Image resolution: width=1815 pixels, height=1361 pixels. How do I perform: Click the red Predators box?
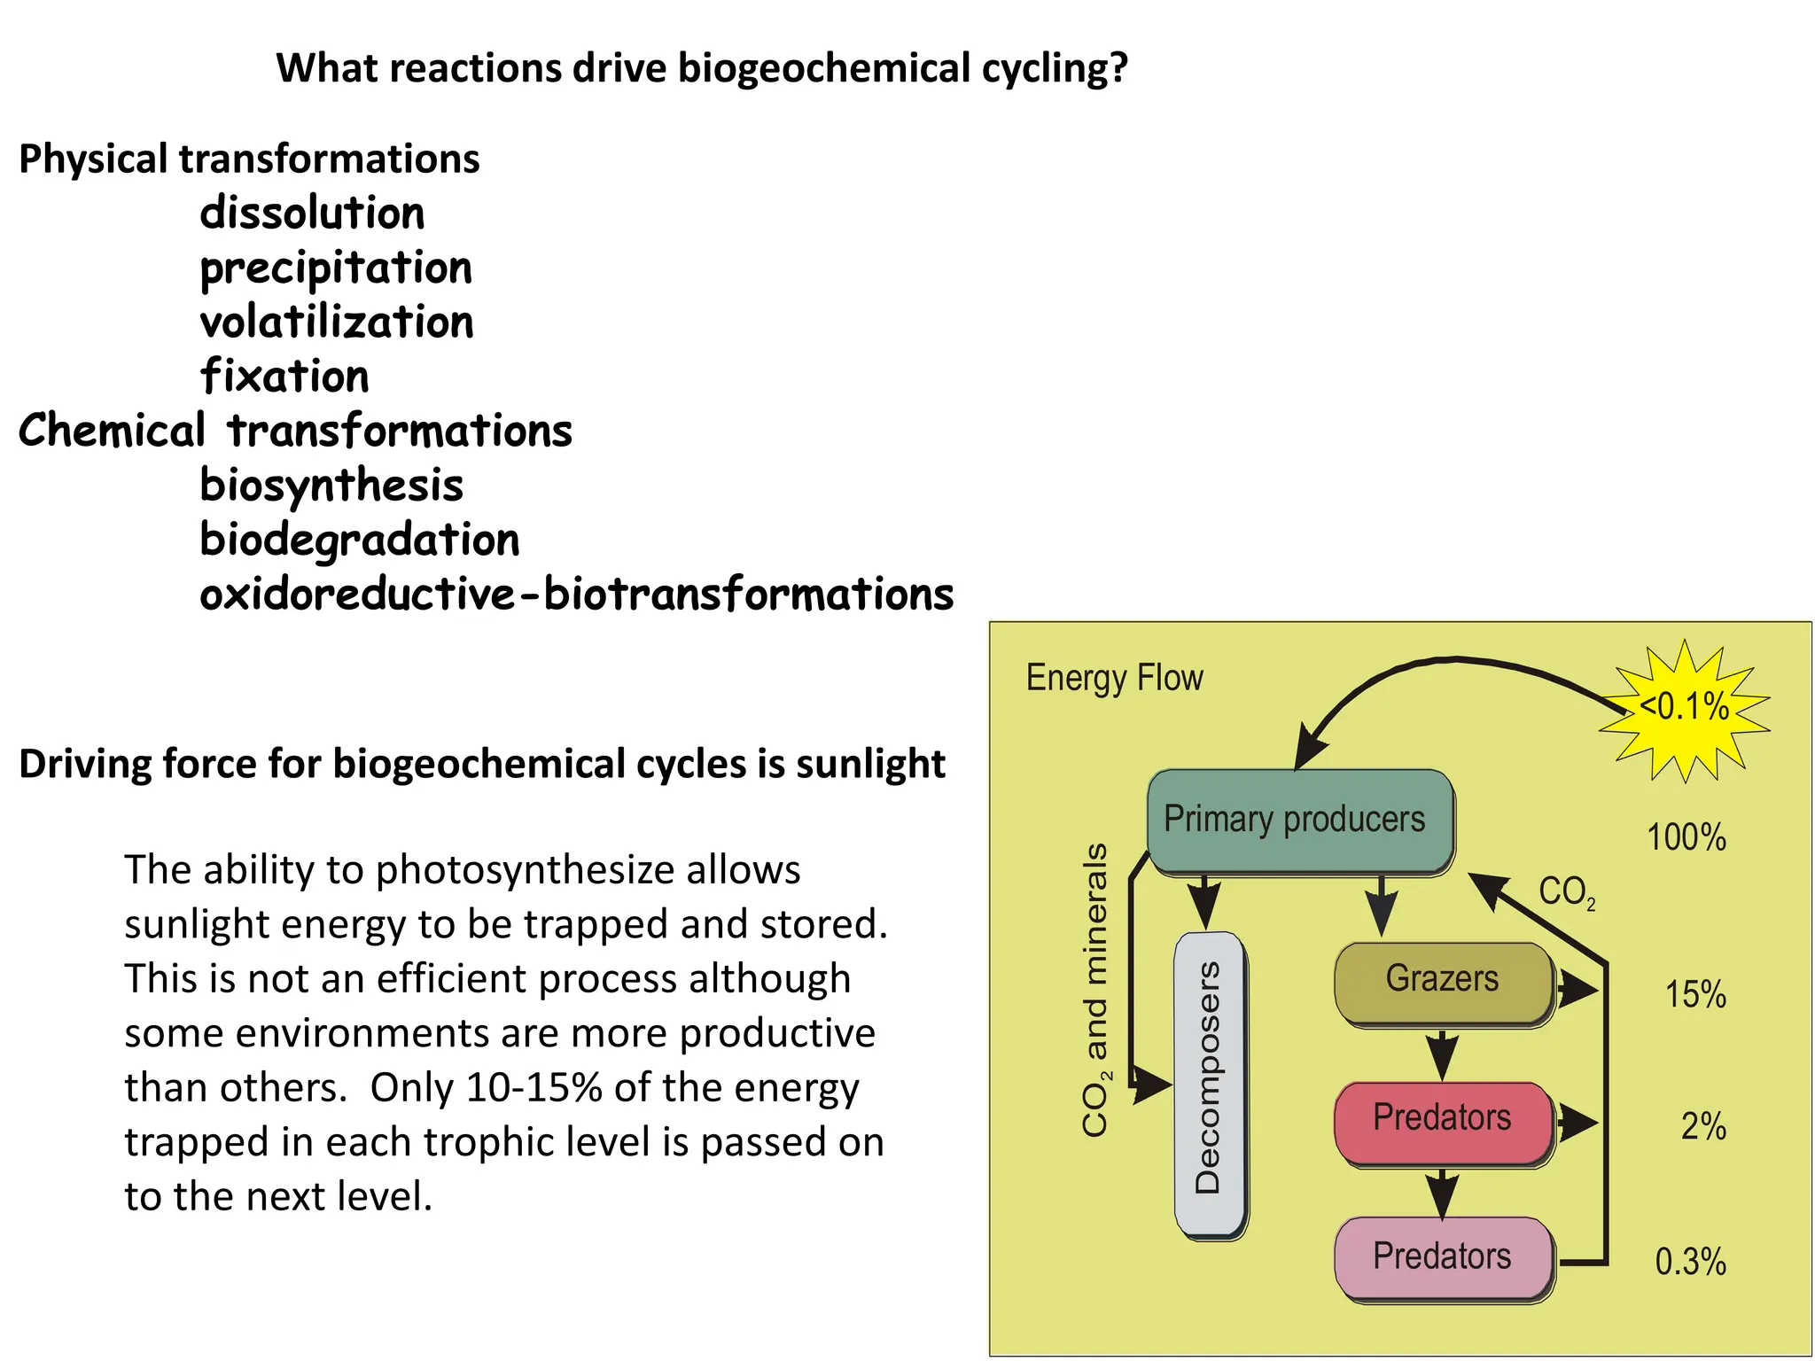click(x=1444, y=1121)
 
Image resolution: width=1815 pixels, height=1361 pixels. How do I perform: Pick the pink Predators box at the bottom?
click(x=1444, y=1257)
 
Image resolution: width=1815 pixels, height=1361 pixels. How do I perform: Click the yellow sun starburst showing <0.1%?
click(x=1684, y=709)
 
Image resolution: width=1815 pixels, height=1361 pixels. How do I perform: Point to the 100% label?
click(x=1686, y=837)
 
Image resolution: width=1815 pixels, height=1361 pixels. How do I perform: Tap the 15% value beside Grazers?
click(x=1694, y=994)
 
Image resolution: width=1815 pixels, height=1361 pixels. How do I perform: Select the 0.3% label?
click(x=1690, y=1262)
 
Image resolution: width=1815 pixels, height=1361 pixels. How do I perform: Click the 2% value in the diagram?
click(x=1702, y=1126)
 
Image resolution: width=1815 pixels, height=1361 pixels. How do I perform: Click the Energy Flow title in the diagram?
click(x=1114, y=678)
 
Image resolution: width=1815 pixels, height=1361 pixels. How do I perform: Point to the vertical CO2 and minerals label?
click(x=1096, y=989)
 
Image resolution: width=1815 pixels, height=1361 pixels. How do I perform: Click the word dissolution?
click(x=312, y=214)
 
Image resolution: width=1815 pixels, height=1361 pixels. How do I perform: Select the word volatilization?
click(x=337, y=323)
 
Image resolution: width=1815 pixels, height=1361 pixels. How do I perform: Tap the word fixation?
click(x=284, y=377)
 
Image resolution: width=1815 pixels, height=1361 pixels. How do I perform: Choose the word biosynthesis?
click(x=331, y=486)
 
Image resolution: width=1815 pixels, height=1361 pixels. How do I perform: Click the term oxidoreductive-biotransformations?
click(x=576, y=595)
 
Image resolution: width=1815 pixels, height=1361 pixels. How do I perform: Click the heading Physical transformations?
click(x=249, y=159)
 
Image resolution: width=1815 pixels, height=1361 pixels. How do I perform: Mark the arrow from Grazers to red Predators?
click(x=1442, y=1054)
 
